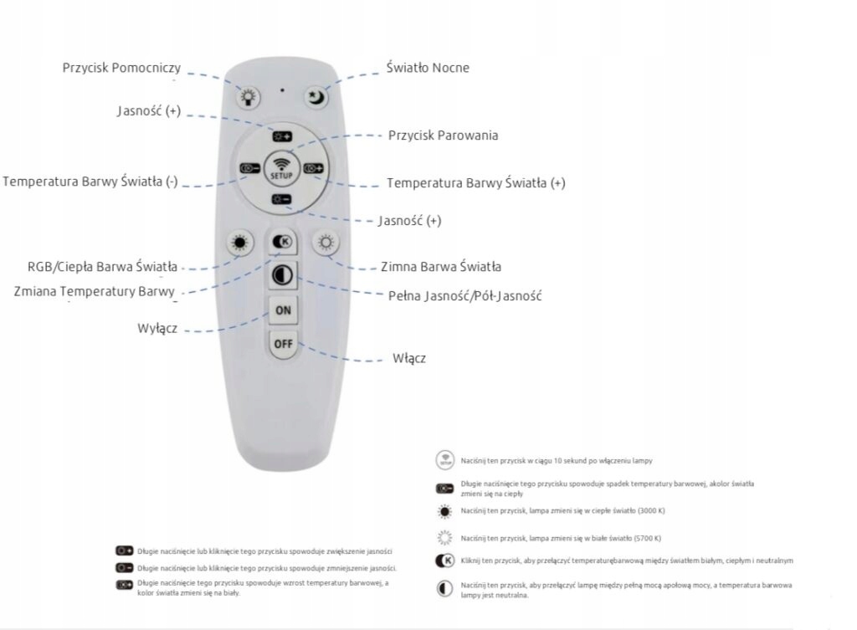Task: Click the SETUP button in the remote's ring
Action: click(x=281, y=167)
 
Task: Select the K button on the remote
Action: click(x=282, y=243)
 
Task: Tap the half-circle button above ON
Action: click(x=282, y=276)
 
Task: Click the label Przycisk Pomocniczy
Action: click(x=121, y=68)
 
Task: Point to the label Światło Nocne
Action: click(x=428, y=68)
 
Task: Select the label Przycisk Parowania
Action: click(x=444, y=135)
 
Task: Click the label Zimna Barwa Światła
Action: click(x=441, y=267)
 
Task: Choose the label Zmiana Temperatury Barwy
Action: click(x=95, y=291)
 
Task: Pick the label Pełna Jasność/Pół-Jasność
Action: click(x=465, y=295)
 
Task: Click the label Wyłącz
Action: click(x=157, y=328)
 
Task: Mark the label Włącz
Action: click(x=409, y=358)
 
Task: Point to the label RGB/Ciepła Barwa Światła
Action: click(x=102, y=267)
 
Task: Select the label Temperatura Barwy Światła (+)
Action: click(x=475, y=182)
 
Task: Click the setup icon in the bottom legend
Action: click(x=444, y=460)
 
